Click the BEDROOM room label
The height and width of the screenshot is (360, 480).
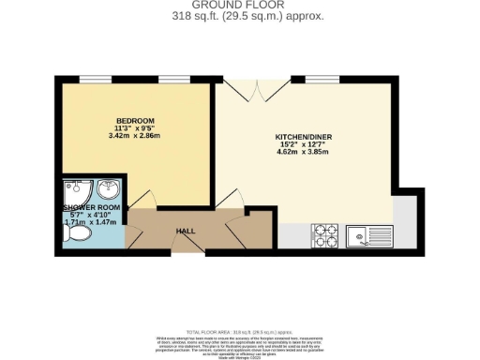[128, 122]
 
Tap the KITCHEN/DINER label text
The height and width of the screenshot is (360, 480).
[304, 137]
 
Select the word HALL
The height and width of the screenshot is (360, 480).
[186, 230]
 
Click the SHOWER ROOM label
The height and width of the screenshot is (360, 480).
[88, 207]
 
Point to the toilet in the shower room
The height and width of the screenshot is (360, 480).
[78, 238]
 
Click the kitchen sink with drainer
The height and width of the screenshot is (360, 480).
[367, 234]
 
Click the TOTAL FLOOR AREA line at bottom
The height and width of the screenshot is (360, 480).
[240, 332]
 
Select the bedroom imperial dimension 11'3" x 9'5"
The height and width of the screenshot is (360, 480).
[128, 130]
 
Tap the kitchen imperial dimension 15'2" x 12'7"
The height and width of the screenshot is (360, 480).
[304, 145]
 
